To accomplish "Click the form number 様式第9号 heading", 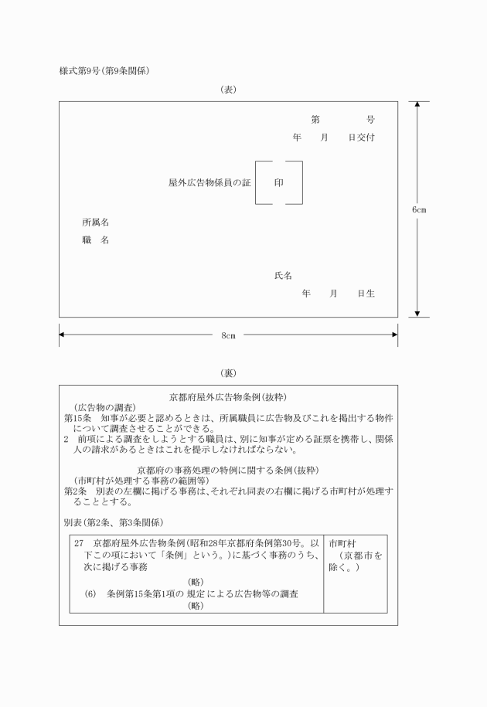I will coord(104,71).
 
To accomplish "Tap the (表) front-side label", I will coord(229,90).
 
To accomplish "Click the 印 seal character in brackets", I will coord(279,183).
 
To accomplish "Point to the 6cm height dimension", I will coord(419,209).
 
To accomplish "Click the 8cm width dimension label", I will coord(229,335).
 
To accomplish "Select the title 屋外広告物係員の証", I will coord(209,183).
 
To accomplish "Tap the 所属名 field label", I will coord(95,223).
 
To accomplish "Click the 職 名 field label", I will coord(95,240).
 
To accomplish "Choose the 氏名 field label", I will coord(283,276).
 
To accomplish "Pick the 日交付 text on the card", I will coord(362,137).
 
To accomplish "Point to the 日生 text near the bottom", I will coord(366,294).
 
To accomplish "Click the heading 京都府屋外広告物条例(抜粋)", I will coord(228,397).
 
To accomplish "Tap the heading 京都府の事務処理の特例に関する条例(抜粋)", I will coord(228,470).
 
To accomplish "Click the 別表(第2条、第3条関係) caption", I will coord(113,522).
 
